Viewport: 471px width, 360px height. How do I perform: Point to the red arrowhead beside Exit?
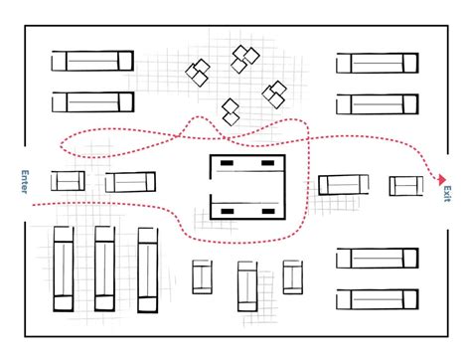441,179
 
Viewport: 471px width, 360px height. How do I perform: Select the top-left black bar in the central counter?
228,162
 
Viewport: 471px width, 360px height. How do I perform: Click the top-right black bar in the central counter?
268,162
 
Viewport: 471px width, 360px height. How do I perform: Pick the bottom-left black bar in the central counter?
228,211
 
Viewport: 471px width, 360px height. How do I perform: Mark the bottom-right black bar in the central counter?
268,211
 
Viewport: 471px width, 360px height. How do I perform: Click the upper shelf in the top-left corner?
91,61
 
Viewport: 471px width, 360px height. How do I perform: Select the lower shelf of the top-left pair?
91,101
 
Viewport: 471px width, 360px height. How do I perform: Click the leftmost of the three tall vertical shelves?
63,269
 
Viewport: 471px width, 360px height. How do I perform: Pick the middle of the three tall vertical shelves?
105,269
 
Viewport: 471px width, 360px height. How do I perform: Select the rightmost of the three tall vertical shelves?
148,269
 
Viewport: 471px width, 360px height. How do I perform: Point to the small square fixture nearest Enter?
68,181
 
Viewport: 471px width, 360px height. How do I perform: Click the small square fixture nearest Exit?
405,186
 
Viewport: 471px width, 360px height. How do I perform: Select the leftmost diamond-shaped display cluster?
197,73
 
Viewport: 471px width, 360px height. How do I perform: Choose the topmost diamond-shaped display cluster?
242,57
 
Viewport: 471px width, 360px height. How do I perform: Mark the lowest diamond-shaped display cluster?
232,112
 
